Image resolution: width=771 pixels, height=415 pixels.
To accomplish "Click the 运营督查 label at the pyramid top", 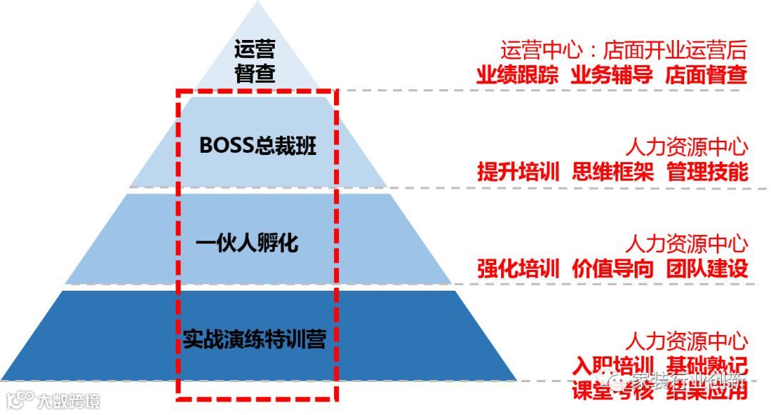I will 255,61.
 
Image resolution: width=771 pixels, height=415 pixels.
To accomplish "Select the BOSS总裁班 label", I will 257,146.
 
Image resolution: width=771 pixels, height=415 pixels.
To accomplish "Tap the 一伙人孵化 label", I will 247,244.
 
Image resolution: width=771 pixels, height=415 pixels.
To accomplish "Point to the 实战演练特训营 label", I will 253,338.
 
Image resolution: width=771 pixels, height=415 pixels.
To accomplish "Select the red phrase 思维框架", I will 612,172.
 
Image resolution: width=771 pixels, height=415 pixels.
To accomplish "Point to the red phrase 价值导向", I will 612,269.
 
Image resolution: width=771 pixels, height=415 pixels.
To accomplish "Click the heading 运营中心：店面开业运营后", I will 623,51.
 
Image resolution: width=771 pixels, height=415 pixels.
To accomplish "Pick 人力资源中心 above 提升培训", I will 687,148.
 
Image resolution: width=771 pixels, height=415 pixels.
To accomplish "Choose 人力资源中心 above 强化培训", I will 687,244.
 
